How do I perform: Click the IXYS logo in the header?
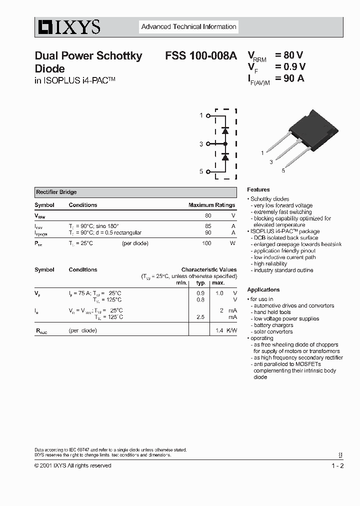pos(67,27)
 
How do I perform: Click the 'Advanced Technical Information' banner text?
pos(188,27)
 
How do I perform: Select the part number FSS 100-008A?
pos(201,56)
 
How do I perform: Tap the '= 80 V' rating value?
pos(289,55)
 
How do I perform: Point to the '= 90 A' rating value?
pos(289,78)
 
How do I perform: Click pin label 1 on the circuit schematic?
pos(201,115)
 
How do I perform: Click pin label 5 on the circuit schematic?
pos(201,171)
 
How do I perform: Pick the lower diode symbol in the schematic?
pos(225,157)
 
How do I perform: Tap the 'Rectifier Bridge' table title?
pos(56,192)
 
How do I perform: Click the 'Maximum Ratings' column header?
pos(211,205)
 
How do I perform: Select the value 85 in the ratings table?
pos(208,226)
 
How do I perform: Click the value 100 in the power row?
pos(206,243)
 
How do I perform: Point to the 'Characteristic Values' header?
pos(209,269)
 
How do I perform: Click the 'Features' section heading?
pos(258,190)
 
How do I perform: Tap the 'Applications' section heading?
pos(263,290)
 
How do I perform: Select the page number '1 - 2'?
pos(337,466)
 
